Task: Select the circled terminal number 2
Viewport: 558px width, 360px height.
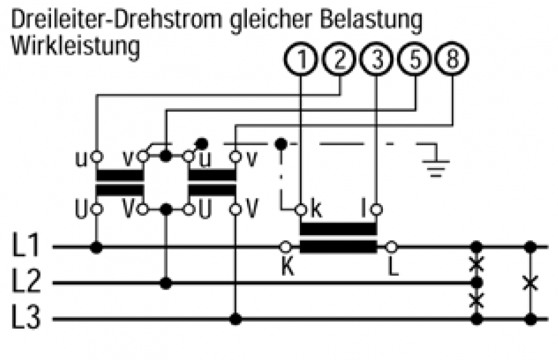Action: (x=339, y=61)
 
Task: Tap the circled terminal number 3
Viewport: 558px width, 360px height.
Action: (x=377, y=61)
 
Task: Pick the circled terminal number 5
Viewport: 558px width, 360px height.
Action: (x=414, y=61)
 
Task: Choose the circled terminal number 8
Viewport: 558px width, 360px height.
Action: (x=452, y=61)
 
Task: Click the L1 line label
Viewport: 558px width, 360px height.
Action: (x=27, y=247)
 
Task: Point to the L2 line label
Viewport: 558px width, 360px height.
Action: (x=27, y=283)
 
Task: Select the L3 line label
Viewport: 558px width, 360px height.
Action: (x=27, y=320)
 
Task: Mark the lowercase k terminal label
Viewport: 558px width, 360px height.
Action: (x=315, y=209)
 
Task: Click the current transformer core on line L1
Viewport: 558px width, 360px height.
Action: (x=338, y=237)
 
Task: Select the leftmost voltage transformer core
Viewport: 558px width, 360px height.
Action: (x=119, y=183)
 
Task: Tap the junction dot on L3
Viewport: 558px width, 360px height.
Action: (x=236, y=320)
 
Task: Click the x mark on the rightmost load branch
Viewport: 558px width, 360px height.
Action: (x=531, y=283)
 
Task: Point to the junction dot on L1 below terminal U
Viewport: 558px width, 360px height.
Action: (x=97, y=247)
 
